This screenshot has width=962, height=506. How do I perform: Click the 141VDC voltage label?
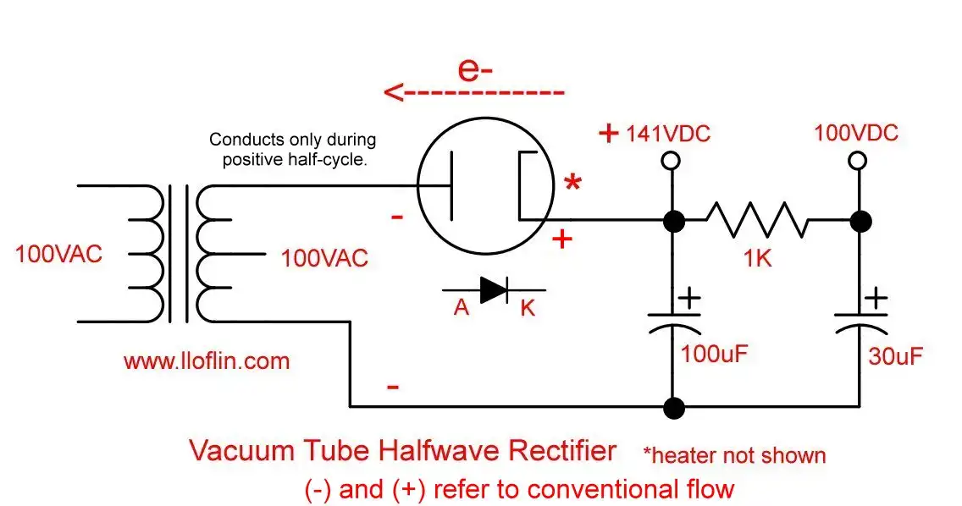(667, 134)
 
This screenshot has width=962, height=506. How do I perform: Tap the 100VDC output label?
(855, 134)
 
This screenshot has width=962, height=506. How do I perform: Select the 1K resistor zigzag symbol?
(757, 221)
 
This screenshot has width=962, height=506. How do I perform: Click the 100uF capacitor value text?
(715, 354)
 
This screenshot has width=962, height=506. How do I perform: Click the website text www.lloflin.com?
(207, 361)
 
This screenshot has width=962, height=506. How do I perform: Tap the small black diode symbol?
(493, 289)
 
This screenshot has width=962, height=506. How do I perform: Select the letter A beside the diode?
(461, 308)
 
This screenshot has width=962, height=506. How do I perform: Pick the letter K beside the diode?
(528, 308)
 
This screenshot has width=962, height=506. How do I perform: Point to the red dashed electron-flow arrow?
(474, 91)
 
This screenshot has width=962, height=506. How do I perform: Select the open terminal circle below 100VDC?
(858, 160)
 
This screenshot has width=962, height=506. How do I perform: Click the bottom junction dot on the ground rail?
(673, 408)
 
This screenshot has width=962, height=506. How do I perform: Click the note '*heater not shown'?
(733, 455)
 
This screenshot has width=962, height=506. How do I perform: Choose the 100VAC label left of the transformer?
(58, 254)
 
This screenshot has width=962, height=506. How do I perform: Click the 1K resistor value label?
(757, 259)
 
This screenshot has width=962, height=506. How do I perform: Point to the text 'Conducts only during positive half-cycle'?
(293, 149)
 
